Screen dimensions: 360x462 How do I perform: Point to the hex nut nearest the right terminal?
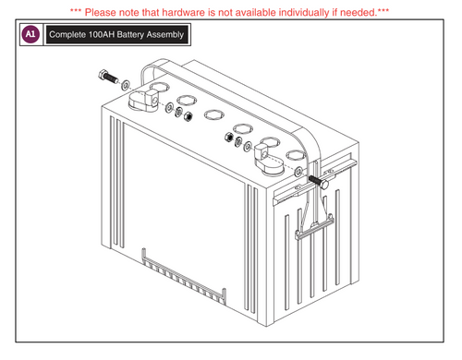point(249,146)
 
